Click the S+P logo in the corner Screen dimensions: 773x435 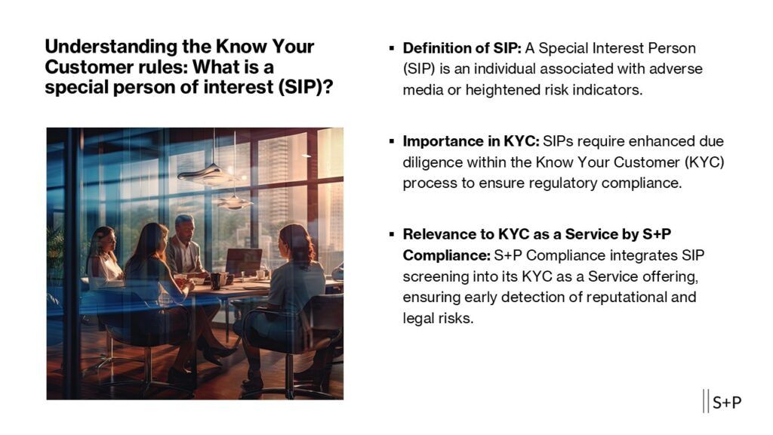(x=722, y=402)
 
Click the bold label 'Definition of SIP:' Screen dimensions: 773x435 (x=462, y=48)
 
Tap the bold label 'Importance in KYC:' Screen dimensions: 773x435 (x=471, y=141)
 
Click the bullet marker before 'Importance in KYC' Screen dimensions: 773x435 (x=392, y=141)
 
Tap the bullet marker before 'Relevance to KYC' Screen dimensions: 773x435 (x=392, y=234)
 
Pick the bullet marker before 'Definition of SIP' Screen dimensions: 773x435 (x=392, y=48)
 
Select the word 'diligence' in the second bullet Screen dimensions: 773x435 (x=433, y=162)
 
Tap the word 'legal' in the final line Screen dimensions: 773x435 (x=417, y=318)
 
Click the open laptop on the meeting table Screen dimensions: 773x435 (x=244, y=262)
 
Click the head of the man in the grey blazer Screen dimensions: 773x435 (x=184, y=227)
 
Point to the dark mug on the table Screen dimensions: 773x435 (x=215, y=281)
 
